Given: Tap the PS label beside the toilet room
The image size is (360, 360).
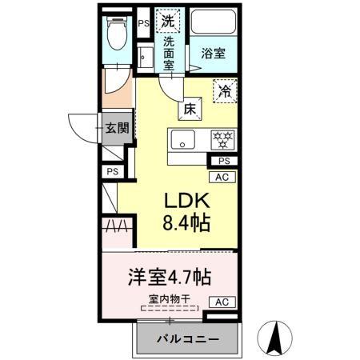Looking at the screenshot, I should click(143, 24).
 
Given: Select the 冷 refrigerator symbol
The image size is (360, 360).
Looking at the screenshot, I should click(226, 92).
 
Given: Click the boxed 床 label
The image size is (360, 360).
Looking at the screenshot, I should click(190, 107).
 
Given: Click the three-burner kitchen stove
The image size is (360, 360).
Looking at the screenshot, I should click(221, 139).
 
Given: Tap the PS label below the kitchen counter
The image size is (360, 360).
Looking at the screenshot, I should click(223, 161).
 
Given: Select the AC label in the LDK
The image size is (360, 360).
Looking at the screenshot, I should click(223, 177).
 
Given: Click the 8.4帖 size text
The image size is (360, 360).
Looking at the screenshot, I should click(188, 222).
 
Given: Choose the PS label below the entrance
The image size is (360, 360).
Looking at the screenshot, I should click(111, 171).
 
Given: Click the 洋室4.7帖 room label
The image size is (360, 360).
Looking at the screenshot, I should click(170, 278).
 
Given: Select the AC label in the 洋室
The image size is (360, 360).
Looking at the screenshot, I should click(223, 302).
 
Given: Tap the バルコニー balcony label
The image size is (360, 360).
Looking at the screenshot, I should click(186, 339).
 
